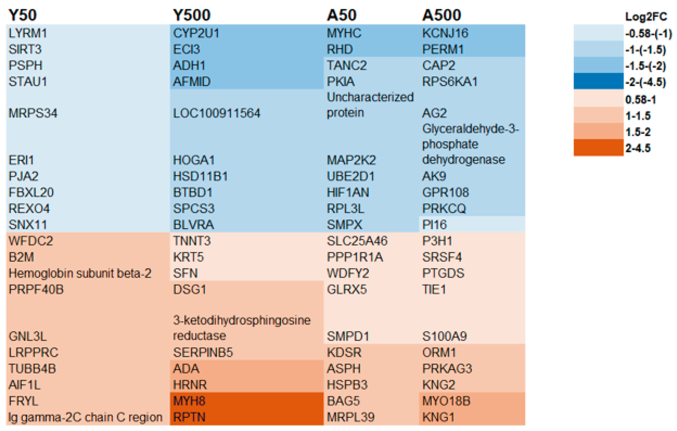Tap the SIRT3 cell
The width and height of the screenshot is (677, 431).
[25, 49]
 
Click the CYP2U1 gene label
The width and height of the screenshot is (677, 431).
[196, 33]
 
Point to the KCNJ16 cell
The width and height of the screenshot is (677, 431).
[445, 33]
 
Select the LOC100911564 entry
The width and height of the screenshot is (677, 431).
[216, 113]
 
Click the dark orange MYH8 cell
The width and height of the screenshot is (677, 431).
[189, 401]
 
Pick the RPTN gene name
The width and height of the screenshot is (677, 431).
[189, 417]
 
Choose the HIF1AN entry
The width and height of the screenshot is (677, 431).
[348, 192]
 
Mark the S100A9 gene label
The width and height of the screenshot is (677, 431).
[444, 336]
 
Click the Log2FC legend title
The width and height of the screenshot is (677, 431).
[646, 17]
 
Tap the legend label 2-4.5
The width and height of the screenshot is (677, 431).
[638, 148]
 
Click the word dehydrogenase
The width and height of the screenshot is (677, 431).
[463, 160]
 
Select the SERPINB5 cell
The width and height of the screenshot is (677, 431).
[203, 352]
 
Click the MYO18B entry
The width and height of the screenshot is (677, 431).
[446, 401]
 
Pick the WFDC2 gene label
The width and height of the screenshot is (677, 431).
[31, 241]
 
